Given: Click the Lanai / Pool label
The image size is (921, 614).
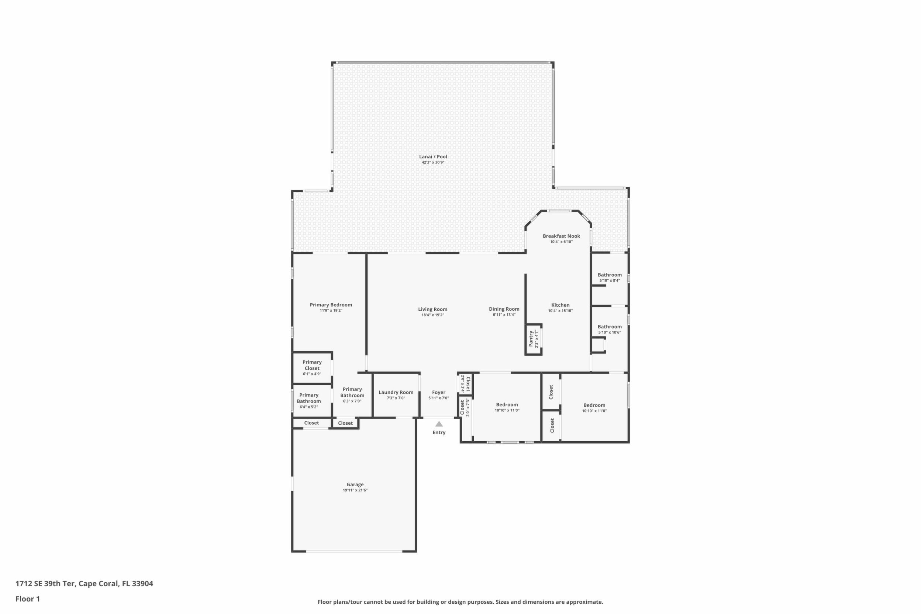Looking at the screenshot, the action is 433,156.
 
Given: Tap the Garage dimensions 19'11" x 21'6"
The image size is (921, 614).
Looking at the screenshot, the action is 355,490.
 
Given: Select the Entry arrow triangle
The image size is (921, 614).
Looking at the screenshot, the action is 439,424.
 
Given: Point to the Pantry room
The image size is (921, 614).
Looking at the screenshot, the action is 534,339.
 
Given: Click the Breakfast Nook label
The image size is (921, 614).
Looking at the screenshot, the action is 561,236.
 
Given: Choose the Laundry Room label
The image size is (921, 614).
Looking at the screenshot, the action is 396,392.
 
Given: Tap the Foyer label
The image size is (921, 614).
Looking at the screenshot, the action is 439,392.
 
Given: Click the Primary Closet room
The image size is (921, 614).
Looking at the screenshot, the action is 312,368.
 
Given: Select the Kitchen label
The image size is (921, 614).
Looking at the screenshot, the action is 560,305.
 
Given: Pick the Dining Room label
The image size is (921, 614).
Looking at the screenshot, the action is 504,309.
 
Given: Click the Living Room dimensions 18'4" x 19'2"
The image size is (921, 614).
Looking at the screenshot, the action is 433,315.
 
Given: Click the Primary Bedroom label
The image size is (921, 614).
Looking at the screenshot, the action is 331,305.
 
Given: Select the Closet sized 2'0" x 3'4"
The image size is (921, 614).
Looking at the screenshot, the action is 465,384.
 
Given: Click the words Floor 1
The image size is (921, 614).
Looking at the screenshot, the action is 28,599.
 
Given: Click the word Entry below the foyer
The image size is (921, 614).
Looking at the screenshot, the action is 439,432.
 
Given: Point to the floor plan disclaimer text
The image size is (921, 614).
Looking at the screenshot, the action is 460,602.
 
